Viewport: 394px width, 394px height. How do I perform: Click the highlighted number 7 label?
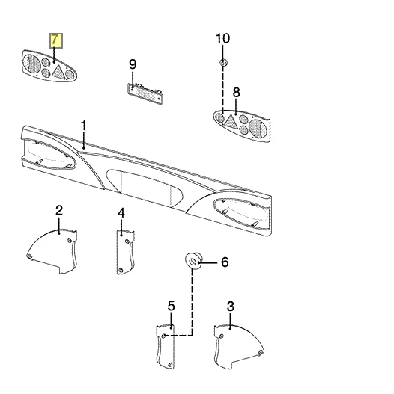coord(56,40)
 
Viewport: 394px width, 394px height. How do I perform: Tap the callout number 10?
coord(222,38)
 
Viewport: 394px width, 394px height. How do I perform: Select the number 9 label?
coord(133,64)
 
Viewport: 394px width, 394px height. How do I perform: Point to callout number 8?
coord(236,93)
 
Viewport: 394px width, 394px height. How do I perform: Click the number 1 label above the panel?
coord(84,126)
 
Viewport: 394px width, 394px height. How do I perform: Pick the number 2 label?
coord(59,211)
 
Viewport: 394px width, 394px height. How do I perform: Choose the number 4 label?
coord(121,213)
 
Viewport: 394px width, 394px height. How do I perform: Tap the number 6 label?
coord(225,262)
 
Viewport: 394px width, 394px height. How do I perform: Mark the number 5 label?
coord(171,306)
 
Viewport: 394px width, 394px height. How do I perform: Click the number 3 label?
coord(231,307)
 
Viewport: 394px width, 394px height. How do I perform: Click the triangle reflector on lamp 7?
coord(58,71)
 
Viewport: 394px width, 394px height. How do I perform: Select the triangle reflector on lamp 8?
coord(231,122)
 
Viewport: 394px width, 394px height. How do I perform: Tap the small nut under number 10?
coord(223,62)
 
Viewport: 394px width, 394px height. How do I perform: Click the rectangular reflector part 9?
coord(145,94)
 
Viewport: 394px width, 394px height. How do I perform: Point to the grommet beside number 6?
coord(193,262)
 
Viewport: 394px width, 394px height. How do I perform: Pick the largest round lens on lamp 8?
coord(258,129)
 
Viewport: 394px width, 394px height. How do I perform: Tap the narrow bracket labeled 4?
coord(125,252)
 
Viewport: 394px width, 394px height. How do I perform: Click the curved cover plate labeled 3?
coord(237,345)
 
